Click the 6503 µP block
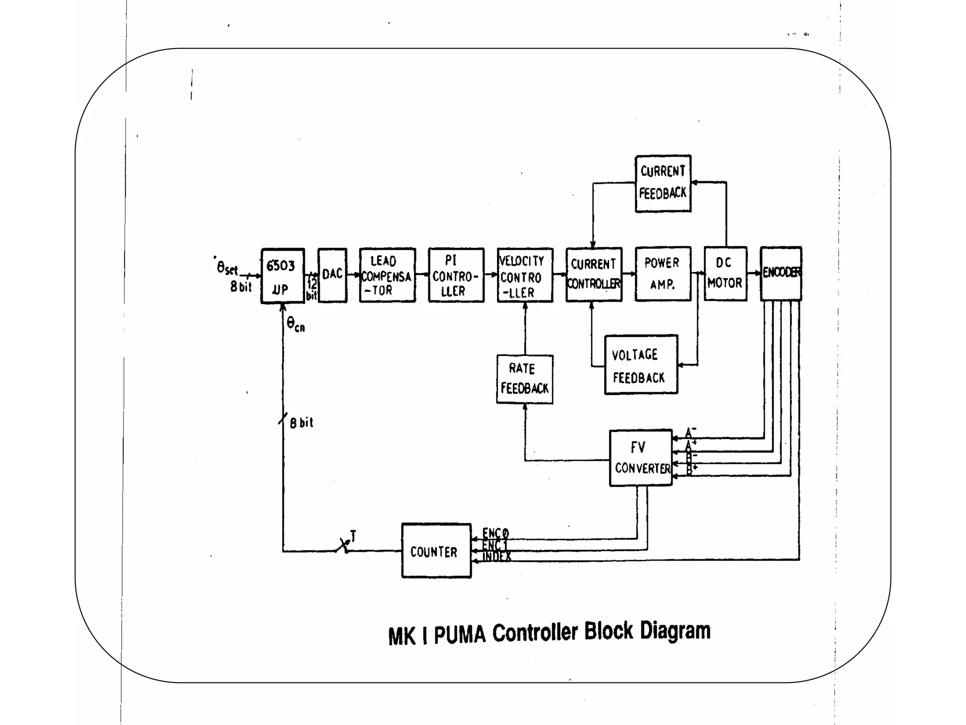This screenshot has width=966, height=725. click(x=283, y=276)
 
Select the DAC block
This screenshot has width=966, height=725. click(x=333, y=275)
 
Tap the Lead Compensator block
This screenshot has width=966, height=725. click(x=387, y=275)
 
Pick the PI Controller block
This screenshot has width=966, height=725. click(x=456, y=275)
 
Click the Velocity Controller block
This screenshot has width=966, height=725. click(x=525, y=275)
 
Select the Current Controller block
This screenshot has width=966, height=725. click(x=594, y=274)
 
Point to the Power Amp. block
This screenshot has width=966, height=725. click(x=663, y=274)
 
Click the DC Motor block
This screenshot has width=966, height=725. click(x=725, y=274)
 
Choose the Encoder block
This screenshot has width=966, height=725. click(x=781, y=273)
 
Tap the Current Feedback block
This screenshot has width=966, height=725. click(x=663, y=184)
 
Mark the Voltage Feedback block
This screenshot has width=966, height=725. click(x=641, y=365)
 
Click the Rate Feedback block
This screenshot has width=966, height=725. click(x=525, y=379)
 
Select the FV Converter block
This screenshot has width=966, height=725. click(x=641, y=458)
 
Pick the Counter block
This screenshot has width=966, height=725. click(x=436, y=551)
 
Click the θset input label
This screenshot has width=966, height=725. click(x=227, y=268)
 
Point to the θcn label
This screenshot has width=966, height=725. click(x=296, y=325)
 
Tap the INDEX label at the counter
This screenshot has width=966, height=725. click(x=497, y=557)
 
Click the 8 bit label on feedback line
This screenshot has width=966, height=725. click(x=301, y=422)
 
